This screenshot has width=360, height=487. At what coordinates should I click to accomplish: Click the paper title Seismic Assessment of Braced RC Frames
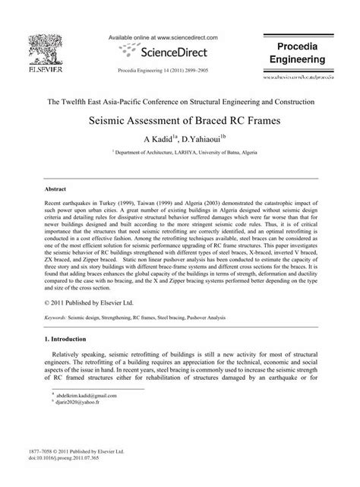click(x=180, y=120)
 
